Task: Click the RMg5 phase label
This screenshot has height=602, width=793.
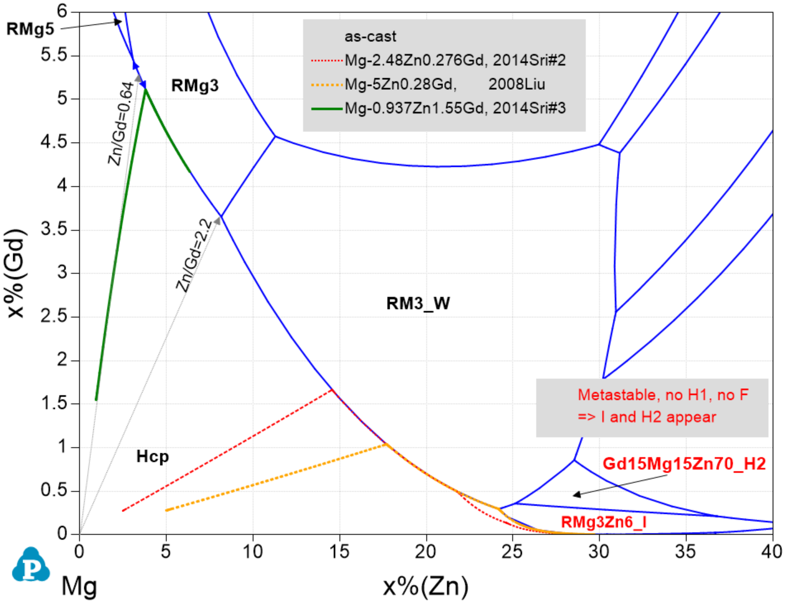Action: (x=30, y=29)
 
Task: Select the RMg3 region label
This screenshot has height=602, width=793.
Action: (x=195, y=86)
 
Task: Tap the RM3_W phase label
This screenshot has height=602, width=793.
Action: (x=418, y=303)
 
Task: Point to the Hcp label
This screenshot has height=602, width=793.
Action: (x=152, y=457)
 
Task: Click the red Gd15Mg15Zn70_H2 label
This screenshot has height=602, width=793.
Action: (x=684, y=464)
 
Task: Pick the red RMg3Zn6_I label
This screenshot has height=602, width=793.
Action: (x=604, y=522)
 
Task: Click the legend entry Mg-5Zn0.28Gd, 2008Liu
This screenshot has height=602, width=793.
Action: (x=444, y=84)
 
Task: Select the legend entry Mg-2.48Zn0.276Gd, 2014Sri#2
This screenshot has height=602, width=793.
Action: (x=455, y=60)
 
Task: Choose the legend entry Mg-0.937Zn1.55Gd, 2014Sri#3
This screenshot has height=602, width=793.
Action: (x=455, y=108)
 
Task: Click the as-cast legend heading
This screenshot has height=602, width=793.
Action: (x=370, y=36)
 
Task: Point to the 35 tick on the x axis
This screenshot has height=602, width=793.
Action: (x=685, y=551)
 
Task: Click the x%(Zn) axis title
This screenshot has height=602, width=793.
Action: (x=425, y=586)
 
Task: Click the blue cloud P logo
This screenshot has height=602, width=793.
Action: (x=31, y=565)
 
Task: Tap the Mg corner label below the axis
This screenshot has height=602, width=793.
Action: (x=79, y=586)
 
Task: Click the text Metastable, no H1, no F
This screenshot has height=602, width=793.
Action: (x=663, y=395)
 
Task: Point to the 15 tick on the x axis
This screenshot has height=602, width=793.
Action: (x=339, y=551)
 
